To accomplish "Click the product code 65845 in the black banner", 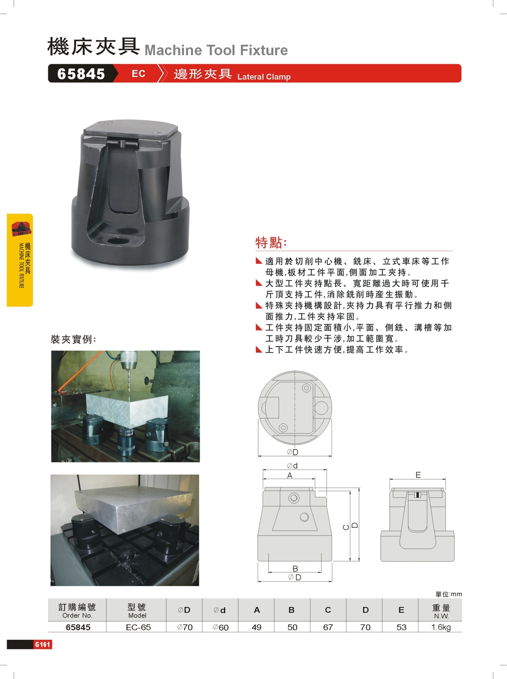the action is [x=81, y=74].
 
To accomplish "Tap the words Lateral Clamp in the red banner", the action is [x=264, y=77].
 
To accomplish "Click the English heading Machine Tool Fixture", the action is [x=216, y=50].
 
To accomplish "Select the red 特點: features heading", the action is [x=271, y=243].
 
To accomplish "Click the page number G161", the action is [x=42, y=644].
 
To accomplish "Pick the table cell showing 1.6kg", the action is [x=441, y=627].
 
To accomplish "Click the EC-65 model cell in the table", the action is [x=138, y=627].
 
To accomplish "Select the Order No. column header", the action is [x=77, y=611].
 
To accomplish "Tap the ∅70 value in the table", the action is [x=185, y=627].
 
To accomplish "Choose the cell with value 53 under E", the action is [x=402, y=627].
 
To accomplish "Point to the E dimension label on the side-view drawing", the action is [x=418, y=475].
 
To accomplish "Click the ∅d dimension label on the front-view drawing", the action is [x=292, y=465].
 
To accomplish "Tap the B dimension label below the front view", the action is [x=295, y=568].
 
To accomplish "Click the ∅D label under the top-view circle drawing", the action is [x=293, y=452].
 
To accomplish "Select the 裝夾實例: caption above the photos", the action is [x=74, y=339].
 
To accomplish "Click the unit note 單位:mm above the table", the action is [x=449, y=594].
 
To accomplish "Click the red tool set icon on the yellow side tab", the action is [x=21, y=228].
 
